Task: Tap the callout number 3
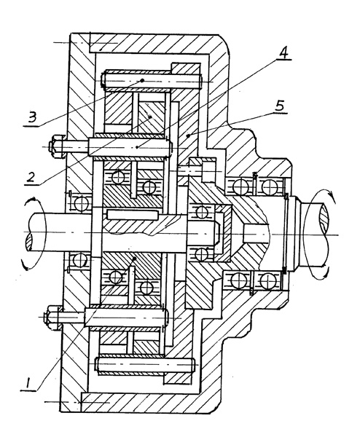pos(32,117)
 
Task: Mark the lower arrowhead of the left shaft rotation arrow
pos(26,267)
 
